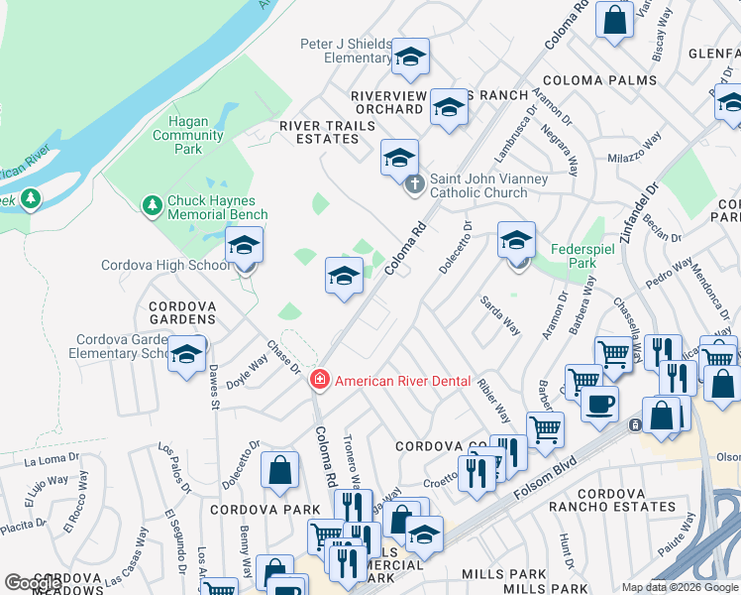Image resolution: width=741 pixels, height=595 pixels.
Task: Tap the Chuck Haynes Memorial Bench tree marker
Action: click(152, 205)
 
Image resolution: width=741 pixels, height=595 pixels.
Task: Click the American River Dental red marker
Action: click(319, 380)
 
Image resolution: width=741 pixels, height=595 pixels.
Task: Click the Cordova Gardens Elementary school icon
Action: click(186, 355)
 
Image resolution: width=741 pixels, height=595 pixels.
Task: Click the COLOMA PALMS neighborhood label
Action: click(599, 80)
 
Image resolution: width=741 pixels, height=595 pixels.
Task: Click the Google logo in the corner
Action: click(33, 583)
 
